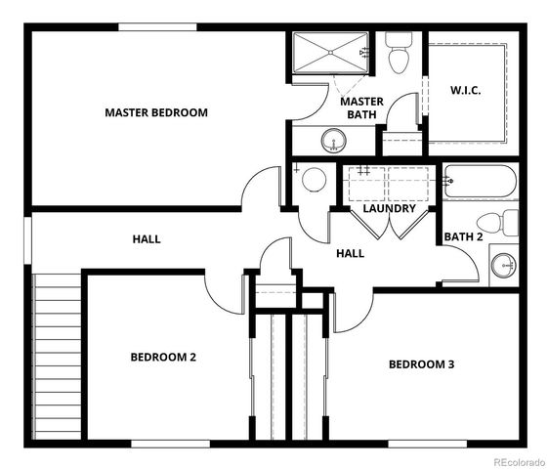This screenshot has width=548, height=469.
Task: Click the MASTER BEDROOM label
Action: (156, 112)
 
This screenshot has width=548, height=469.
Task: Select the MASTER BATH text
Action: (360, 107)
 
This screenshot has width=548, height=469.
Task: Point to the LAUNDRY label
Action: (389, 208)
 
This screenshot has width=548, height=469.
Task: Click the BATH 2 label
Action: (464, 236)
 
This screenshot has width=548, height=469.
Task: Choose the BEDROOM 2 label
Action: (163, 357)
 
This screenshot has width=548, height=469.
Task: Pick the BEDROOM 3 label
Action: (422, 364)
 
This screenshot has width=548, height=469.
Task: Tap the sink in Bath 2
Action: (504, 264)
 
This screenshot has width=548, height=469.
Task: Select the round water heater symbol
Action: (314, 180)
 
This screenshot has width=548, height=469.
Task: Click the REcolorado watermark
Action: (519, 460)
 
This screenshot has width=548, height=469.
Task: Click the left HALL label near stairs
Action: (148, 239)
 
